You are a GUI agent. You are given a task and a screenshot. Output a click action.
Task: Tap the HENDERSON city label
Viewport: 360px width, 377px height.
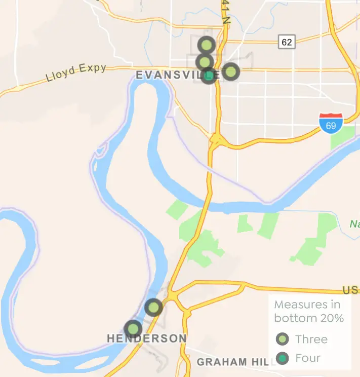pyautogui.click(x=146, y=338)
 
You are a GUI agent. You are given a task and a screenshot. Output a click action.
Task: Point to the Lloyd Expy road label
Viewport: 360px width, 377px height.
pyautogui.click(x=76, y=72)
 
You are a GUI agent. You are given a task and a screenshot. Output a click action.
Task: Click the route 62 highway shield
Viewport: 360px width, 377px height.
pyautogui.click(x=287, y=42)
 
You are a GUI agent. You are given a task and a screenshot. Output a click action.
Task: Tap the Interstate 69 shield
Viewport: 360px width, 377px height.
pyautogui.click(x=331, y=124)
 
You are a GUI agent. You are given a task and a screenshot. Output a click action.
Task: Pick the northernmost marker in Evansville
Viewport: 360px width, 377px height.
pyautogui.click(x=207, y=45)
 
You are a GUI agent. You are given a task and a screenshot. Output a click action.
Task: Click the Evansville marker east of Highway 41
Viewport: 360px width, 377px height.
pyautogui.click(x=230, y=71)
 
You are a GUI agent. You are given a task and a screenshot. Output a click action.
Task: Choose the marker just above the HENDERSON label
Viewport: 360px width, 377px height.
pyautogui.click(x=133, y=329)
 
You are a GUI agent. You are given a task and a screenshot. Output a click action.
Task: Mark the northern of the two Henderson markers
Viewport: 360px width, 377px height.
pyautogui.click(x=153, y=307)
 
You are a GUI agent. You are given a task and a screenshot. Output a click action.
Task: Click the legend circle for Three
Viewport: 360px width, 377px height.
pyautogui.click(x=283, y=339)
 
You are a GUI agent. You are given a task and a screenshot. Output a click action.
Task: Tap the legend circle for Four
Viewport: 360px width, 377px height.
pyautogui.click(x=283, y=358)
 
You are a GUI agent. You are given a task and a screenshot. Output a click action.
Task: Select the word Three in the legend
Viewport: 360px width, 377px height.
pyautogui.click(x=311, y=339)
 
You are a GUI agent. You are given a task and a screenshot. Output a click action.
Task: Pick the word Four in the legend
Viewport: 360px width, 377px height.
pyautogui.click(x=308, y=358)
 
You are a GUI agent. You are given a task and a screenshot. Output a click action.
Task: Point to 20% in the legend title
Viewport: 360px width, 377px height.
pyautogui.click(x=331, y=318)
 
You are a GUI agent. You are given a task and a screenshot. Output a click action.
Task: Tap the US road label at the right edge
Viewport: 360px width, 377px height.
pyautogui.click(x=350, y=290)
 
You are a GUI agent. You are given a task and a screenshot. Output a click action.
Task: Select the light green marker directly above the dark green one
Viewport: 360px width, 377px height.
pyautogui.click(x=204, y=62)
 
